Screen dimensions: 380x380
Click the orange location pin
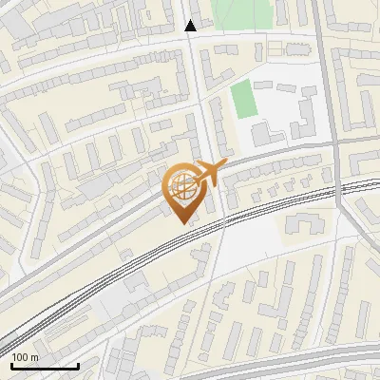pos(182,190)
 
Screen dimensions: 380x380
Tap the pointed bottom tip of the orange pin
pos(182,222)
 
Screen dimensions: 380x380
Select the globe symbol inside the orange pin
pos(182,185)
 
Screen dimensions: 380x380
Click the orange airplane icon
pos(210,174)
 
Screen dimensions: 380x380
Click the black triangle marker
pos(191,26)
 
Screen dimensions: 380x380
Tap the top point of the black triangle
pos(191,20)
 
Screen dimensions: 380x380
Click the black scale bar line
pos(45,366)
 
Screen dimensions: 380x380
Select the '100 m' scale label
pos(26,357)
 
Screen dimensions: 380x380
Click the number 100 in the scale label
pos(21,357)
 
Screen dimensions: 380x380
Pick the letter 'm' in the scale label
pos(35,357)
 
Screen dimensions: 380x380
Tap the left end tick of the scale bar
pos(11,364)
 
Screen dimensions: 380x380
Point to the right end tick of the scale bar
pos(78,364)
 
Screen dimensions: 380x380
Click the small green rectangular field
pos(245,100)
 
